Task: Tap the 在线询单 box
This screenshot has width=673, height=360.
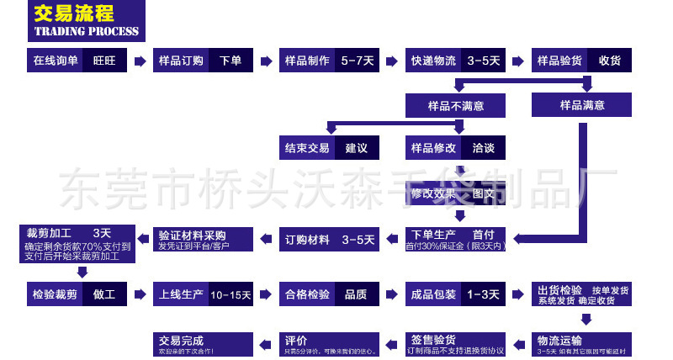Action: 56,61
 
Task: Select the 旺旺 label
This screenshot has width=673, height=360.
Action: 104,61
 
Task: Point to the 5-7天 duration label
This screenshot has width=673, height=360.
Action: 358,61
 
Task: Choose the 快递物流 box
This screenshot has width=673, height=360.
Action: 433,61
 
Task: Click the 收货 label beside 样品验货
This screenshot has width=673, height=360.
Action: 610,61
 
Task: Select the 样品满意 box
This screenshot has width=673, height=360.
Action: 581,105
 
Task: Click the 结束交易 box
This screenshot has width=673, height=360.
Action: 307,148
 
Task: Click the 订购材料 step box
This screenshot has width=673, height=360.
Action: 307,240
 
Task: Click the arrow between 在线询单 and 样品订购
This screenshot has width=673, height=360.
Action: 139,61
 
